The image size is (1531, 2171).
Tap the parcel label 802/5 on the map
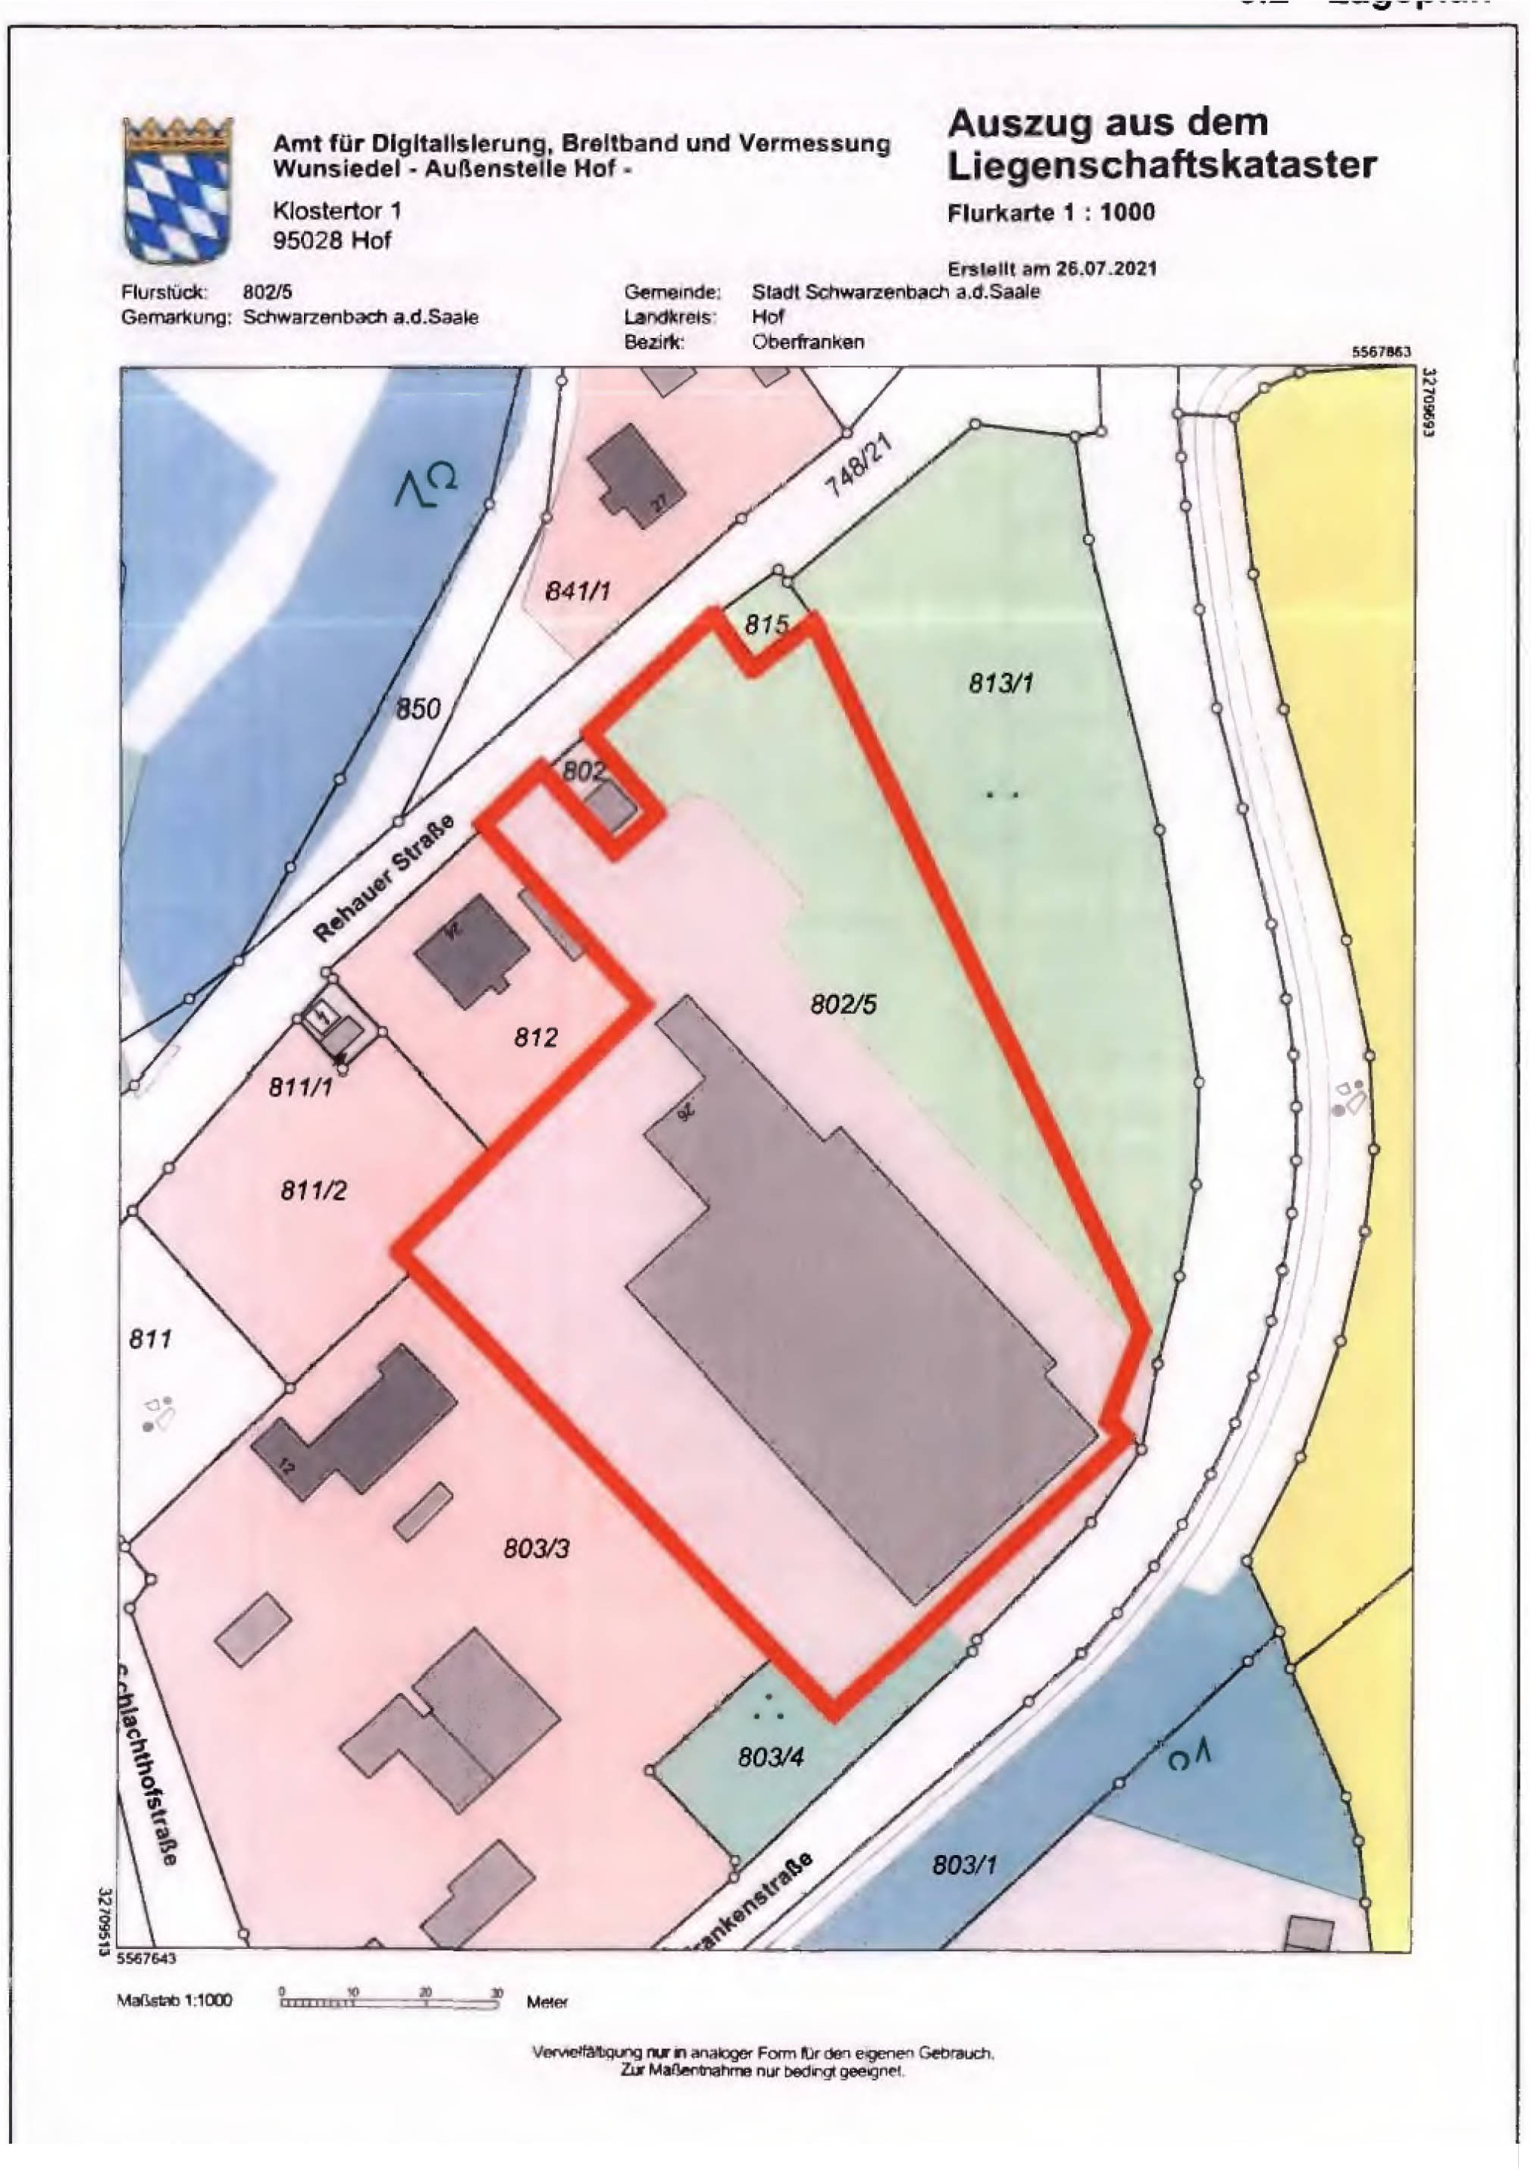(843, 1004)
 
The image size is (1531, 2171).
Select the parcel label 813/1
(1000, 682)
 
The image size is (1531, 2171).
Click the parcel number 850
(418, 709)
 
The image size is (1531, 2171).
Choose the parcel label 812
(536, 1037)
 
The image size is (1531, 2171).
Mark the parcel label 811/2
(313, 1190)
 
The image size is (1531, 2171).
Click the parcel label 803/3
(536, 1549)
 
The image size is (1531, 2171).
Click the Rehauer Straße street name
(384, 879)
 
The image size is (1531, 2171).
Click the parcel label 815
(766, 625)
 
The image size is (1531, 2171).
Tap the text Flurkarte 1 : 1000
(1050, 213)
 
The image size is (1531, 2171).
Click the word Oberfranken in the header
(808, 343)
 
